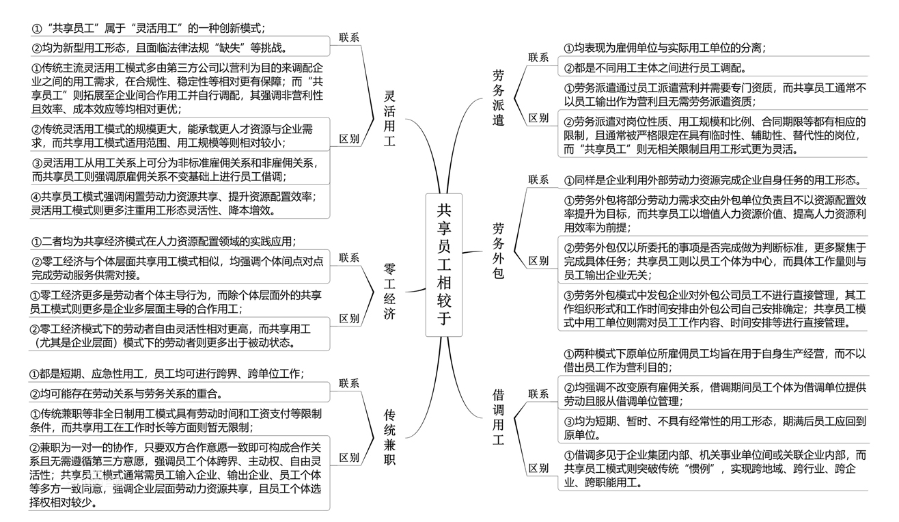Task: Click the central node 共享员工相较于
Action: point(444,264)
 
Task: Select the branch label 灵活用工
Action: point(389,119)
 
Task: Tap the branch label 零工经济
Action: point(389,290)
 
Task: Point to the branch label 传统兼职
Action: point(390,437)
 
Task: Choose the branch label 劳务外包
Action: point(499,250)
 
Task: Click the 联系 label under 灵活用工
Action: point(348,38)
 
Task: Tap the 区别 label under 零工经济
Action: point(348,318)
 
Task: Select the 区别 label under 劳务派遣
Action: point(538,118)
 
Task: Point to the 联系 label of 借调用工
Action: point(538,394)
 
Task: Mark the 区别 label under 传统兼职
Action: point(348,457)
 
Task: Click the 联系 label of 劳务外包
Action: point(538,180)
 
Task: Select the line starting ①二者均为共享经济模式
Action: point(164,241)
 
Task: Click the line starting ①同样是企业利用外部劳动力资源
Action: point(711,180)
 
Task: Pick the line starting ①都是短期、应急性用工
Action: point(167,374)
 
